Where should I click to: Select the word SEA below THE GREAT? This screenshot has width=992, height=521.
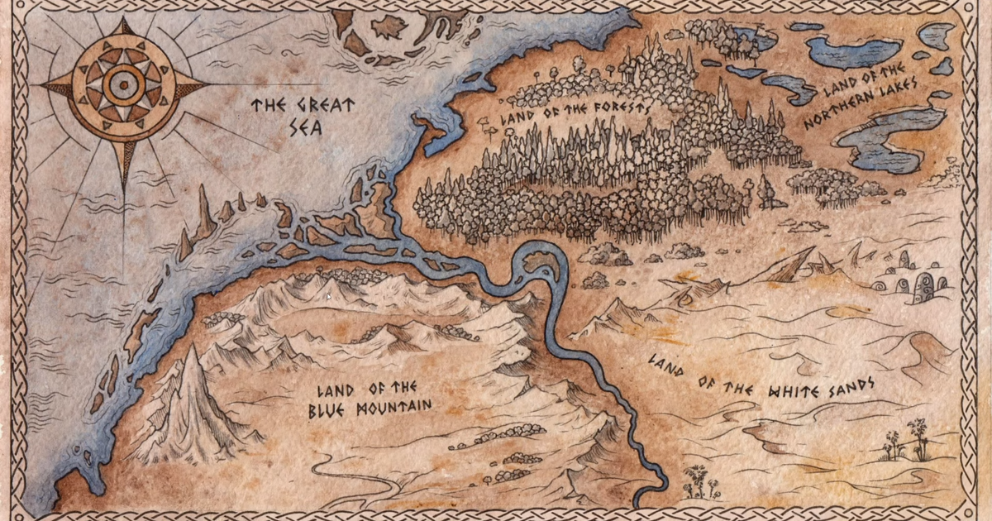pyautogui.click(x=312, y=129)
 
